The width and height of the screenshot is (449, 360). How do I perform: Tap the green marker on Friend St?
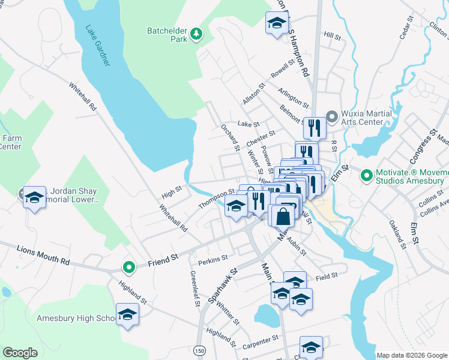128,267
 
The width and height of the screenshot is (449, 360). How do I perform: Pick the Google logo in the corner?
20,353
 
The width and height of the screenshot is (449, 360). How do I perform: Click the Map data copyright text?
412,355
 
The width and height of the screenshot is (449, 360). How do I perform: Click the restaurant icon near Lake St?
314,127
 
